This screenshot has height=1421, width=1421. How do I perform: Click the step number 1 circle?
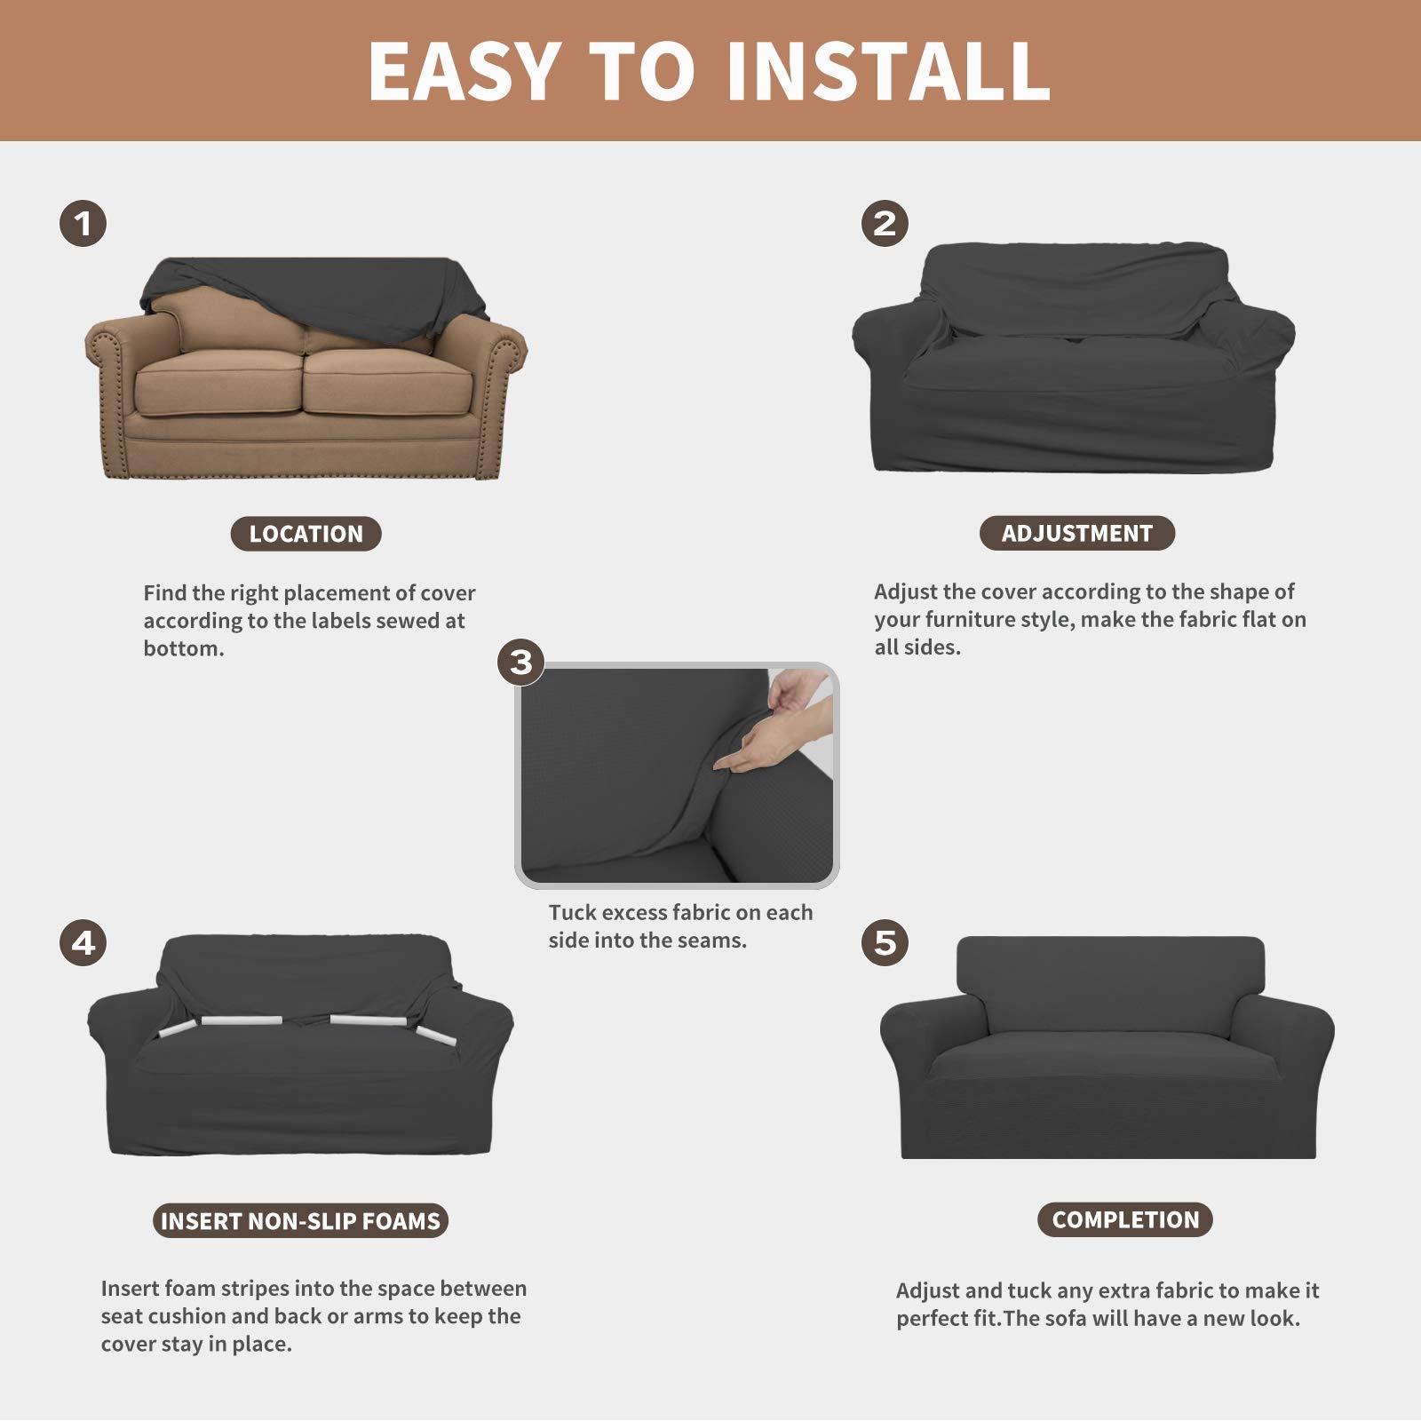[x=83, y=223]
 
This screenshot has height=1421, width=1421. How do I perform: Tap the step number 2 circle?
[x=885, y=223]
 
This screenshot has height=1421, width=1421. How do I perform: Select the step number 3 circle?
[x=520, y=663]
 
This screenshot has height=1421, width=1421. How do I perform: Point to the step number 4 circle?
[x=83, y=942]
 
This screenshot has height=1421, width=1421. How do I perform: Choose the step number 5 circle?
[x=885, y=942]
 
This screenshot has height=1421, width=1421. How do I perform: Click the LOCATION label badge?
[x=306, y=534]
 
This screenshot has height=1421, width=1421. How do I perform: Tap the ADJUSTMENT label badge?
[x=1076, y=533]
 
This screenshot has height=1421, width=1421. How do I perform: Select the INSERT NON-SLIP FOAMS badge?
[x=300, y=1221]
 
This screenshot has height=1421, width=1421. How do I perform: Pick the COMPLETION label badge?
[x=1124, y=1219]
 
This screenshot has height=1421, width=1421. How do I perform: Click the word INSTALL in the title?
[x=888, y=71]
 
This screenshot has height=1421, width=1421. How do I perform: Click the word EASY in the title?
[x=463, y=71]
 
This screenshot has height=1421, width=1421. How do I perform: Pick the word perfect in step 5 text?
[x=931, y=1319]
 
